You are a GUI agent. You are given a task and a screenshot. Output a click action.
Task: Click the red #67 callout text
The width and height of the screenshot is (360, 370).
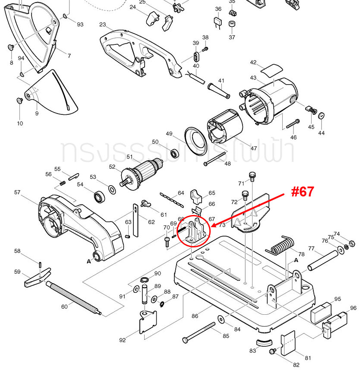[x=302, y=192]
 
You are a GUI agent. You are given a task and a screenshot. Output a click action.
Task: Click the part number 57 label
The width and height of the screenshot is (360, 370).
[x=17, y=192]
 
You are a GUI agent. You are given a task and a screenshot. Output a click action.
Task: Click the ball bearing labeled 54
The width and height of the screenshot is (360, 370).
[x=101, y=197]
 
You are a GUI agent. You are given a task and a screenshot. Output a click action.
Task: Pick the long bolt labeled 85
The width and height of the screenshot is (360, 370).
[x=199, y=332]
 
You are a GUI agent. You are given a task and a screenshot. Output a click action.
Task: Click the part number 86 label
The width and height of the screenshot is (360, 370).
[x=195, y=316]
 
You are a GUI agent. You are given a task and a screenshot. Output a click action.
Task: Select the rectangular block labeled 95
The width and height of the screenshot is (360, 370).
[x=320, y=312]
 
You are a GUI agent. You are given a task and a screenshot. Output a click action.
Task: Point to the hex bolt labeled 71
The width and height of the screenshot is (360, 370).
[x=253, y=176]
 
